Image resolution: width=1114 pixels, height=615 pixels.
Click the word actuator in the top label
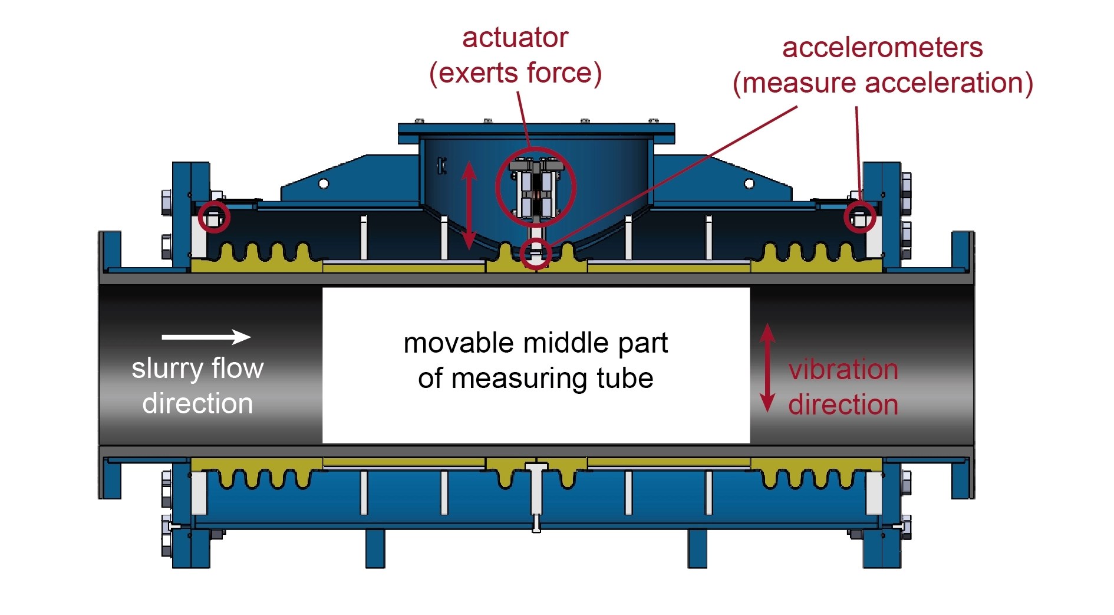pyautogui.click(x=515, y=38)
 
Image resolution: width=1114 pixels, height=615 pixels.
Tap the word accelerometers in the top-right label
pyautogui.click(x=882, y=48)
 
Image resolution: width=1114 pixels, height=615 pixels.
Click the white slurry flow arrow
pyautogui.click(x=206, y=337)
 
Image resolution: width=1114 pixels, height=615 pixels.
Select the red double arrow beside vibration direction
pyautogui.click(x=767, y=367)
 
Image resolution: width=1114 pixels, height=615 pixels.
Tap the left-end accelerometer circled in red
pyautogui.click(x=214, y=217)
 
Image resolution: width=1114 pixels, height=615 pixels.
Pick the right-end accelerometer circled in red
pyautogui.click(x=859, y=218)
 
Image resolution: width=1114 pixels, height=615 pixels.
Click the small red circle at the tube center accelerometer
pyautogui.click(x=536, y=254)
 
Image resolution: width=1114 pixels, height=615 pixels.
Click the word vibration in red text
pyautogui.click(x=843, y=370)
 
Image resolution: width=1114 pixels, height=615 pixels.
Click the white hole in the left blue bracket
pyautogui.click(x=324, y=184)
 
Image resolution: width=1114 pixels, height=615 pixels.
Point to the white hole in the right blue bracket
pyautogui.click(x=749, y=184)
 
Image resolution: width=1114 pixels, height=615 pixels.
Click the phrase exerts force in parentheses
pyautogui.click(x=516, y=74)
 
